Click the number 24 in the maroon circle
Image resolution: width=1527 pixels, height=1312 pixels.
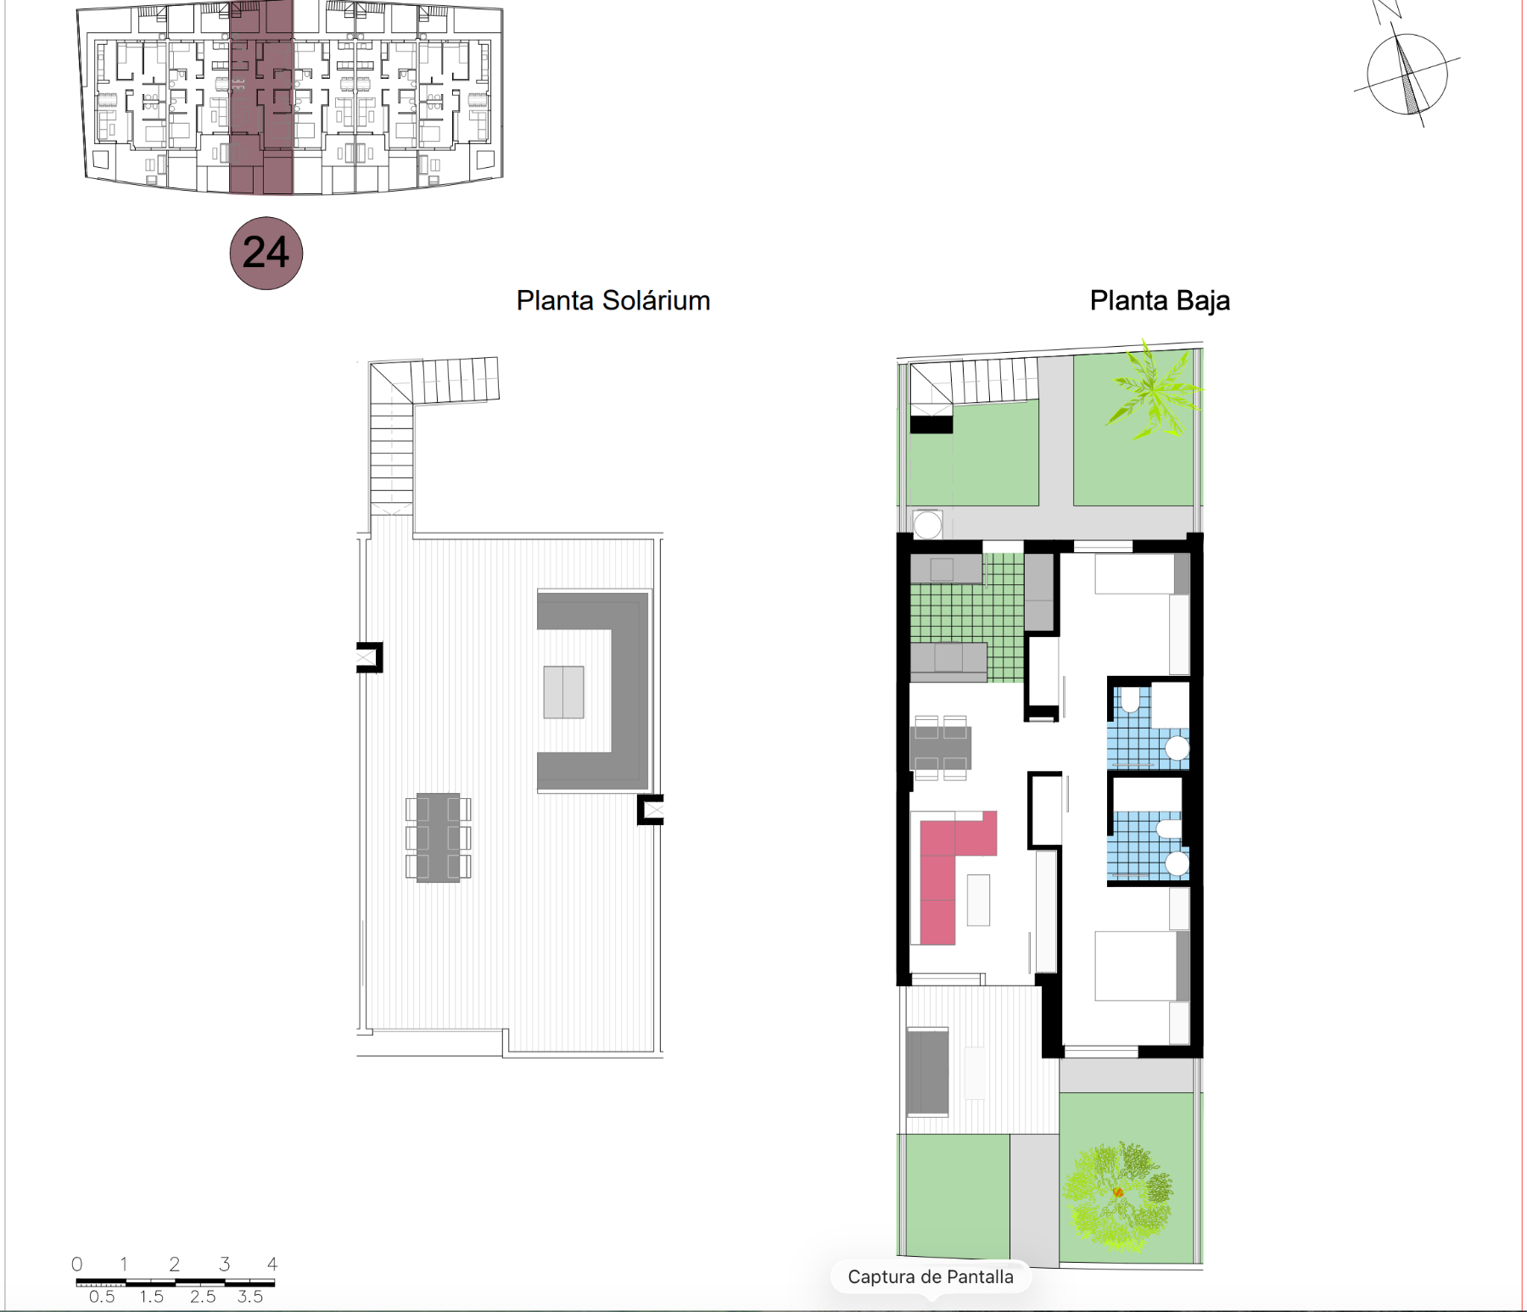click(266, 253)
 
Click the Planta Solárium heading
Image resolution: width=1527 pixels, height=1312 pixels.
click(613, 300)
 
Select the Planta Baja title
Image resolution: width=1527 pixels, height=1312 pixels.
click(1160, 300)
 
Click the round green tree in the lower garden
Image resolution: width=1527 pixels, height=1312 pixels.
click(1118, 1194)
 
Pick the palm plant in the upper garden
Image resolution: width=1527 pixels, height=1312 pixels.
click(1155, 391)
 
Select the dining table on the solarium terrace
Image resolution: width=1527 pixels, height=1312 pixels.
click(438, 838)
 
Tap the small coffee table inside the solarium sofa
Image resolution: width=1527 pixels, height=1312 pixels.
click(564, 692)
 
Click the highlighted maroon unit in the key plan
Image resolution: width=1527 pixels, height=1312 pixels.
click(261, 98)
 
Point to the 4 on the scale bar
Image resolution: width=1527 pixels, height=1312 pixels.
click(272, 1264)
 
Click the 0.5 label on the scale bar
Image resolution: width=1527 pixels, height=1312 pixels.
click(102, 1297)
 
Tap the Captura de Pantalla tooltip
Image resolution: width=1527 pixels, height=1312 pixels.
click(931, 1277)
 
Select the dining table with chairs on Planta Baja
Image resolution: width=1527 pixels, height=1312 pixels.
click(941, 747)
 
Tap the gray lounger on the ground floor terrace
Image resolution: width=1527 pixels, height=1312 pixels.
click(927, 1071)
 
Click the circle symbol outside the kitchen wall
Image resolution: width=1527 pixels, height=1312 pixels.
click(927, 525)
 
